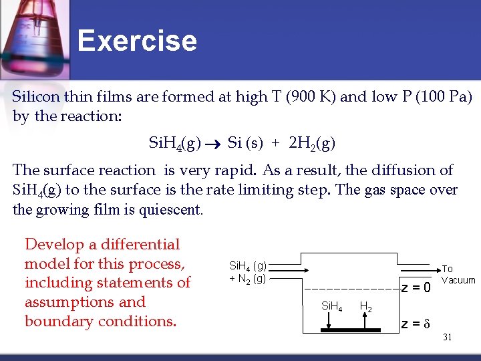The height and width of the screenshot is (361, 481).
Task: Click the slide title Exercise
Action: click(137, 41)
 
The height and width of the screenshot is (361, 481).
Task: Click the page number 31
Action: click(447, 338)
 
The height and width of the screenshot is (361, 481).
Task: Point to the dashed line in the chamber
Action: click(351, 289)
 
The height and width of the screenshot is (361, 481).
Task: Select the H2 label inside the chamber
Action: click(365, 307)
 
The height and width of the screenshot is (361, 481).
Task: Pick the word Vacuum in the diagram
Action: click(458, 280)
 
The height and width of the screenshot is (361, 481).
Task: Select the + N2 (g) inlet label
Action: click(247, 278)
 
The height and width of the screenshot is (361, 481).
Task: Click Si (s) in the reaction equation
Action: click(245, 142)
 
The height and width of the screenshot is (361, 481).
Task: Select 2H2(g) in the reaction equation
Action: click(312, 143)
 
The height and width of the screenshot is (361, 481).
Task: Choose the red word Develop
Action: click(54, 245)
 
